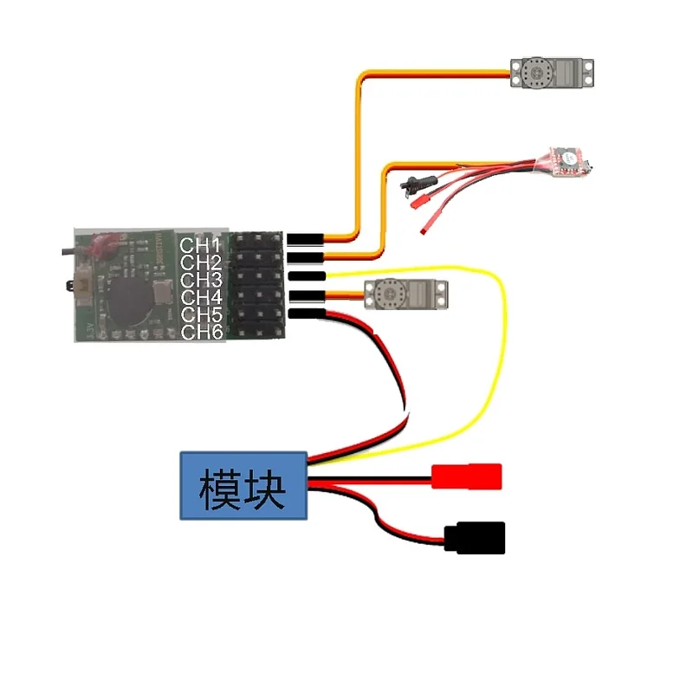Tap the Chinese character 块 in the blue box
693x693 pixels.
coord(265,489)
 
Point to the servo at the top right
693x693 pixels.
coord(552,73)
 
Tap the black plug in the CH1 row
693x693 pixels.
coord(306,237)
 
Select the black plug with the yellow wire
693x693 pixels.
coord(306,276)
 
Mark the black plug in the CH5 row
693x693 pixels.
coord(306,313)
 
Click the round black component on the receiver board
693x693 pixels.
coord(132,298)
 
